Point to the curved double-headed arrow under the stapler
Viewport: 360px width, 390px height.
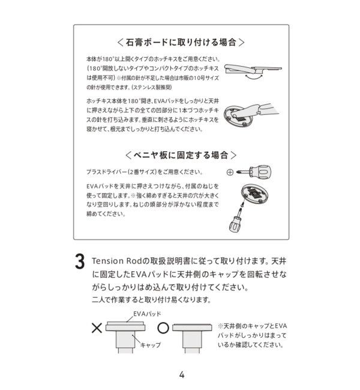[x=256, y=77]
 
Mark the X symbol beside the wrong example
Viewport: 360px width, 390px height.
[x=95, y=328]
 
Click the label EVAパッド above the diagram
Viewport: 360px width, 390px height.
[x=148, y=314]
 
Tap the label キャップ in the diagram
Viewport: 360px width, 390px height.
[x=150, y=346]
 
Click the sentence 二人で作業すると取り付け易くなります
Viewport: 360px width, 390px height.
[x=151, y=300]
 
